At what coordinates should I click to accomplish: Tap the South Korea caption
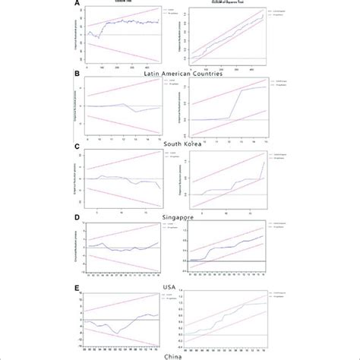pyautogui.click(x=178, y=142)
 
